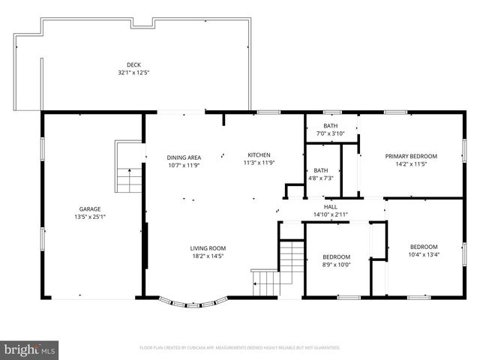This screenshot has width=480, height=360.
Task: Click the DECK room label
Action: (133, 65)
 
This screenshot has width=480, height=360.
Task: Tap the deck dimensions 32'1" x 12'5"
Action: (133, 73)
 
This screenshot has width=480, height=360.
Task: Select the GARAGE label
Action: (91, 209)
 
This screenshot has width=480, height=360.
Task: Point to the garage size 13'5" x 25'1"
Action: (91, 217)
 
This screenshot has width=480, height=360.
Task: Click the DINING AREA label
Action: (184, 157)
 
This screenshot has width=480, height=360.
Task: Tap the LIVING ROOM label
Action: (207, 248)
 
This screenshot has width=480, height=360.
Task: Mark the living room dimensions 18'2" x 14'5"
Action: (207, 256)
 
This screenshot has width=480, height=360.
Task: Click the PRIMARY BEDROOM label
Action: (411, 156)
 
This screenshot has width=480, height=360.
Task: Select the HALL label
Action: (331, 207)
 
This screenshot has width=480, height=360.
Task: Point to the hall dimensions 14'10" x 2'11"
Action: (331, 215)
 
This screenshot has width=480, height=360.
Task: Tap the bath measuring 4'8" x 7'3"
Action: (321, 174)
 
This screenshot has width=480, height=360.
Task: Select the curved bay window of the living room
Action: (194, 304)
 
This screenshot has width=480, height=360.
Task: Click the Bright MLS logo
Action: (30, 349)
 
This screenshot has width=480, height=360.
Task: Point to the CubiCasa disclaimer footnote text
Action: (240, 348)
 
